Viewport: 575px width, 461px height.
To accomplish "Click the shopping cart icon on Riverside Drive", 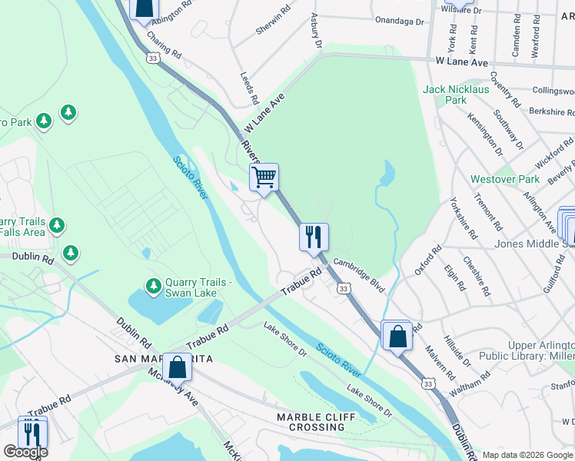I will pos(264,177).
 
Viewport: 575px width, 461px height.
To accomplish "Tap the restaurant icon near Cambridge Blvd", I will pos(314,237).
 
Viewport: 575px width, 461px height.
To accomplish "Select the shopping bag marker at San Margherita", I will pos(178,366).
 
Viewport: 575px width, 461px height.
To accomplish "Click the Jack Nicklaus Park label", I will pos(455,95).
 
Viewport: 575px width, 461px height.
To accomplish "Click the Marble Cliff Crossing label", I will pos(317,422).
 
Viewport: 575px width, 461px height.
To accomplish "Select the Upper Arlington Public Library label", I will pos(526,350).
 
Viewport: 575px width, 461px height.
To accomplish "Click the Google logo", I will pos(25,452).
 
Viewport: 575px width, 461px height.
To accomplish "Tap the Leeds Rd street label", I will pos(249,89).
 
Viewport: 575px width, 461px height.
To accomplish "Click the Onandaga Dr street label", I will pos(398,22).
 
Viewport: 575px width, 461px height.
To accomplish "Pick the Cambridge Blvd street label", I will pos(357,273).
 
